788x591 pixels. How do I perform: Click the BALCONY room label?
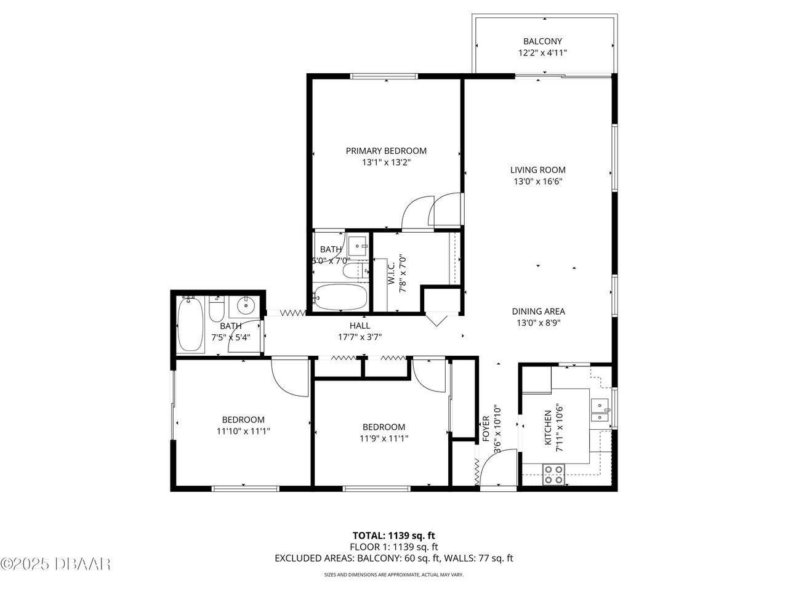point(542,41)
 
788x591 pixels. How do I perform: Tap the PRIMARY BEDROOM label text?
point(386,151)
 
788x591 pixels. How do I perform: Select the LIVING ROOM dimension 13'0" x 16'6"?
point(538,181)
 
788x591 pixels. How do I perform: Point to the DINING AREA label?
point(538,311)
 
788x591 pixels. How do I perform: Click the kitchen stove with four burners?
point(553,475)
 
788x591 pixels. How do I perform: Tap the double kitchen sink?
point(600,409)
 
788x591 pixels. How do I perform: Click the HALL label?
point(360,326)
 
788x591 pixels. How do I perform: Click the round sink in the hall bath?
point(246,306)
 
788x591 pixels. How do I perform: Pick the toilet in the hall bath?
point(217,309)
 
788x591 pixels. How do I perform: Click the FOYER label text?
point(486,428)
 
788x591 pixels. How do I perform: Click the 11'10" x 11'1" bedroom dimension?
point(243,431)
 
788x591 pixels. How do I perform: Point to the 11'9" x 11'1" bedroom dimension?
point(384,438)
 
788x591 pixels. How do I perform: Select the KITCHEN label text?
point(548,428)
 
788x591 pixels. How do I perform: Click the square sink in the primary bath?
point(358,246)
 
